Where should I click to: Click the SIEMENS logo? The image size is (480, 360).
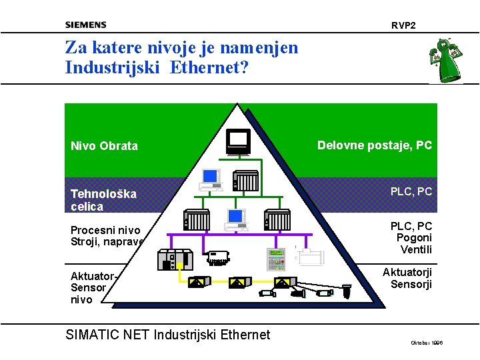point(85,25)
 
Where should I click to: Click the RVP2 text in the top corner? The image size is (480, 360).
point(403,25)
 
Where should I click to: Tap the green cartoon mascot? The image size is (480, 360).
point(445,60)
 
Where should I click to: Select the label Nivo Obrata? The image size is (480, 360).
point(105,146)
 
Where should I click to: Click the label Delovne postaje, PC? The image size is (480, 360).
point(375,145)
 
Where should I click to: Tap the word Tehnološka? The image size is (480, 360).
point(103,194)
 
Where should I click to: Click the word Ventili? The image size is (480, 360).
point(416,250)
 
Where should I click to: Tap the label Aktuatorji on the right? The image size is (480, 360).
point(407,272)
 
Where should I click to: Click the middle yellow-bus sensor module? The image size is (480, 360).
point(237,282)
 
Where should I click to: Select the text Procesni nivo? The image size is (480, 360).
point(105,231)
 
